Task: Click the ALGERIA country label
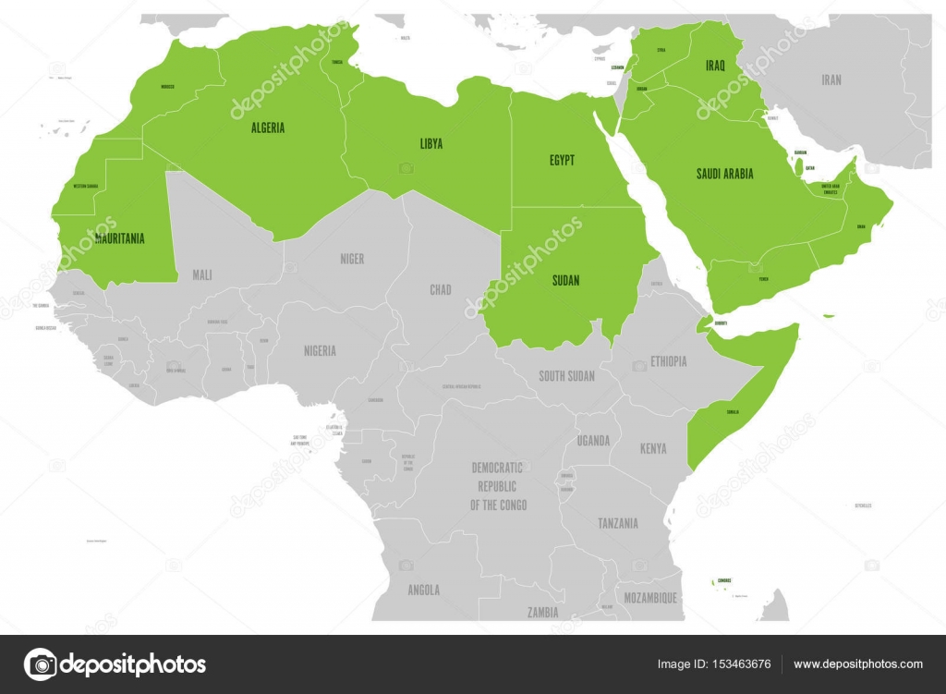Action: (267, 128)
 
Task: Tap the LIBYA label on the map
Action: (431, 143)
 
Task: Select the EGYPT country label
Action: (562, 160)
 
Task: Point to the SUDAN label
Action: (565, 280)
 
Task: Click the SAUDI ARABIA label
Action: (724, 173)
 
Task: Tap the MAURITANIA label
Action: (119, 238)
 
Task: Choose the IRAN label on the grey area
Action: (831, 79)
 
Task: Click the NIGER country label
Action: (351, 259)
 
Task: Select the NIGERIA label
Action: (320, 350)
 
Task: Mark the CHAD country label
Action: (441, 289)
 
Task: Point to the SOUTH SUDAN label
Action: (566, 376)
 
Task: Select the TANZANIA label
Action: (617, 523)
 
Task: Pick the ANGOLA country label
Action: (423, 590)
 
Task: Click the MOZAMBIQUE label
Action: (649, 598)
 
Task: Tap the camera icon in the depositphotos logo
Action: (40, 664)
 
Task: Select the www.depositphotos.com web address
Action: (858, 664)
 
